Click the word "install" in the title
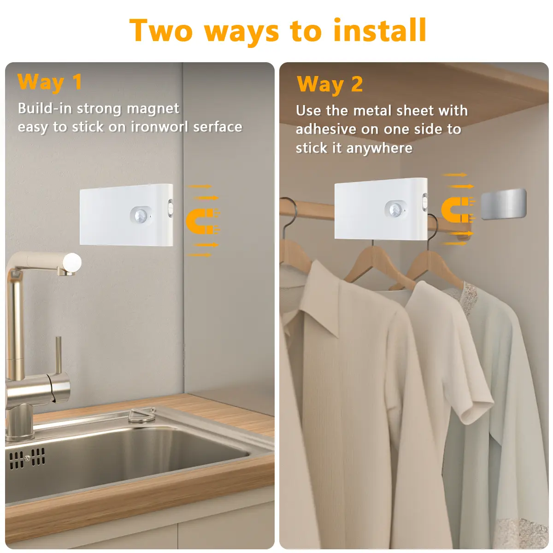coord(379,30)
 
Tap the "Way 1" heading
coord(50,82)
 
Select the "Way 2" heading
coord(330,84)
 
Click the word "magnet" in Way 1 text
coord(153,109)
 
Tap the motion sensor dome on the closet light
coord(395,209)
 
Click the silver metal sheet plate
coord(504,204)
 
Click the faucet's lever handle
coord(59,355)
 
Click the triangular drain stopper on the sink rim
coord(142,416)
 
